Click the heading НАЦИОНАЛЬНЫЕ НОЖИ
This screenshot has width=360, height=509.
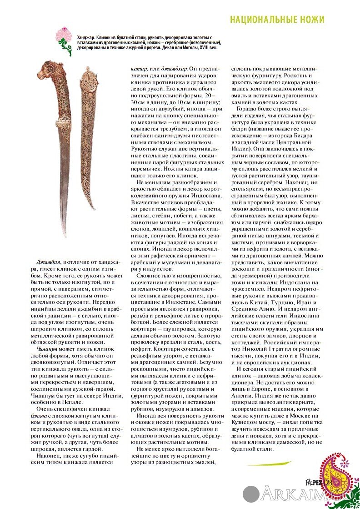[x=277, y=20]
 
